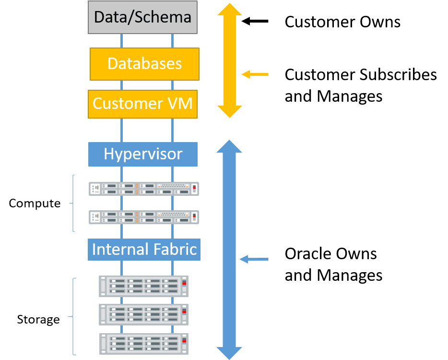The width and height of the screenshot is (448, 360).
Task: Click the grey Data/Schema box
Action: [x=142, y=18]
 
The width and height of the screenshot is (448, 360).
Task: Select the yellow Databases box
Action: [x=144, y=64]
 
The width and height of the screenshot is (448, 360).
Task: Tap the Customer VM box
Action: [x=142, y=104]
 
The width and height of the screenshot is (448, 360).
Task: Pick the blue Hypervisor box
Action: [x=143, y=154]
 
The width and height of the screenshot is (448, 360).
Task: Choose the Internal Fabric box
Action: [x=144, y=250]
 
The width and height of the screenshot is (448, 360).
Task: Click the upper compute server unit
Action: [x=144, y=189]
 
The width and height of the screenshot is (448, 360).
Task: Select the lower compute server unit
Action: [x=144, y=217]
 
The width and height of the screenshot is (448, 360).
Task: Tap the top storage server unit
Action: [x=143, y=286]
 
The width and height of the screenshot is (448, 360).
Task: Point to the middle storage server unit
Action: [x=143, y=314]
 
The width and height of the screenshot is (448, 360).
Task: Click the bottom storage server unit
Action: [x=143, y=343]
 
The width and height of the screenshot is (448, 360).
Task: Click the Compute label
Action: [x=35, y=204]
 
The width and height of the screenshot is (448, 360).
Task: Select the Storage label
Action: [x=38, y=319]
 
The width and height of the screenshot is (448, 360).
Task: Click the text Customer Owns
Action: [x=342, y=22]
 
